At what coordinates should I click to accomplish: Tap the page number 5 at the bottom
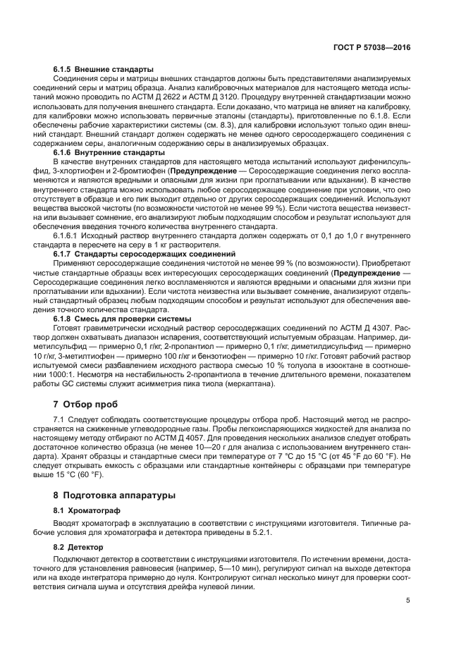(408, 601)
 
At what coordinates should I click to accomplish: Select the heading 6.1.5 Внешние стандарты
(103, 70)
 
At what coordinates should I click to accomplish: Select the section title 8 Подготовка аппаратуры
(114, 495)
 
